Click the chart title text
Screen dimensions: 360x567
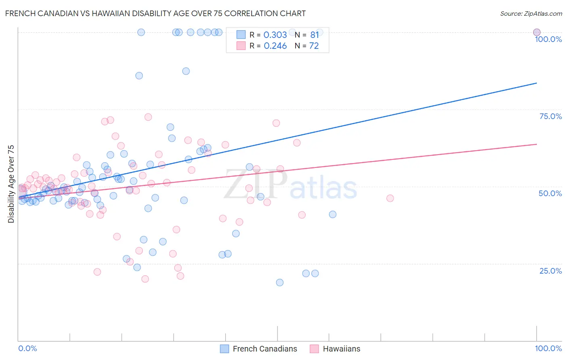click(155, 13)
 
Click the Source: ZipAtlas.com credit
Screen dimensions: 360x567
click(531, 13)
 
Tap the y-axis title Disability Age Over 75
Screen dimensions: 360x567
click(11, 184)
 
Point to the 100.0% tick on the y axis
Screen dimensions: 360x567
click(548, 39)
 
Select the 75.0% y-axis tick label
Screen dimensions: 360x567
click(550, 116)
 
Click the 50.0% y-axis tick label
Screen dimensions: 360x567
click(550, 193)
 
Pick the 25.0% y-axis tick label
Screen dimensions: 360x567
click(550, 271)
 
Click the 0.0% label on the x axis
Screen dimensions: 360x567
click(27, 348)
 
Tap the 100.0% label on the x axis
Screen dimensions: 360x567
click(548, 348)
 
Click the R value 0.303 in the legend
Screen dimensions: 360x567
click(275, 35)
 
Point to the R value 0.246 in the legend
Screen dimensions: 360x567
click(275, 46)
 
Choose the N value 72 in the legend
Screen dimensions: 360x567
click(314, 46)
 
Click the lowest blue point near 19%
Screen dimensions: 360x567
click(279, 283)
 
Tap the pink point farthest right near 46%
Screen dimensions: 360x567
click(390, 198)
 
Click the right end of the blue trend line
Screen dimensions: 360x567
click(536, 83)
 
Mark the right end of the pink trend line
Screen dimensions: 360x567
click(536, 144)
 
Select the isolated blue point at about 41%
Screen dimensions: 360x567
click(333, 214)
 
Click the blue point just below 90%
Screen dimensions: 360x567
click(186, 71)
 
